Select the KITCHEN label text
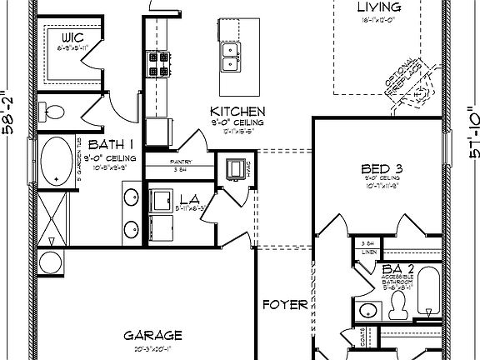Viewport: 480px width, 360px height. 237,112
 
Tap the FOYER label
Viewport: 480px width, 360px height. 284,305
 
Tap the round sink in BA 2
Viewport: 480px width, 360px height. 367,312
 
